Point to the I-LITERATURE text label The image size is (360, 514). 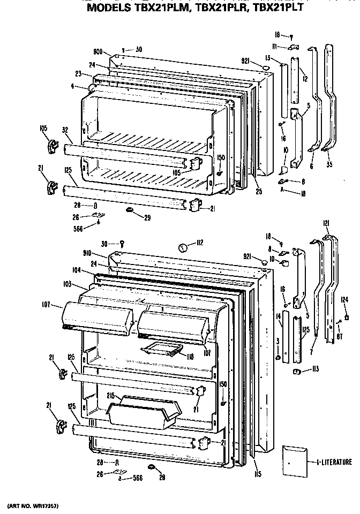[334, 462]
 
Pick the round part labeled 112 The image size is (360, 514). [182, 247]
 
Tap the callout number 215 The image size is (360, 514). [111, 397]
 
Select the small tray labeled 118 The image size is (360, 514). [159, 350]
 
